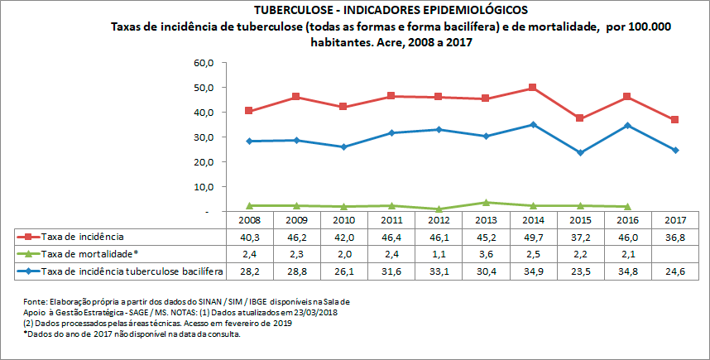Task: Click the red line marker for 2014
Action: pos(532,88)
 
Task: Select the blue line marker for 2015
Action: pos(580,152)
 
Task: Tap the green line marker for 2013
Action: pos(485,202)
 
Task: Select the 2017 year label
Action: pos(676,221)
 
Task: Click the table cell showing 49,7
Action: pos(533,238)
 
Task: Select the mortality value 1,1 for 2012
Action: pos(438,254)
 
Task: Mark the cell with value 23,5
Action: pos(581,271)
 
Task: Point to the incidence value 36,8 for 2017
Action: pos(676,238)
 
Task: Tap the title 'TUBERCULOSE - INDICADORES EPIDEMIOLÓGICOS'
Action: pos(356,10)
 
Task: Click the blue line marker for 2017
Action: pos(675,150)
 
